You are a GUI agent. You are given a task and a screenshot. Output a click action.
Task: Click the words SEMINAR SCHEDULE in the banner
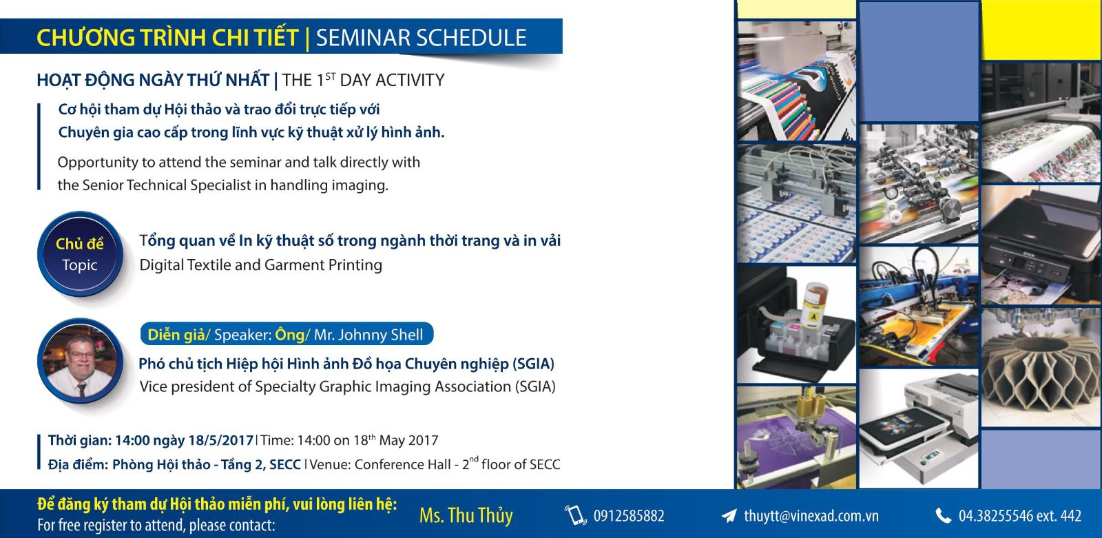[421, 38]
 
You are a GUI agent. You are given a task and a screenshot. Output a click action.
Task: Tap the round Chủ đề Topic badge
[80, 254]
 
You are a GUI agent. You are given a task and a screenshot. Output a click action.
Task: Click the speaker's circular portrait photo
[80, 361]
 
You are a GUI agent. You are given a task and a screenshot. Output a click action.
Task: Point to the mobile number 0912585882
[629, 516]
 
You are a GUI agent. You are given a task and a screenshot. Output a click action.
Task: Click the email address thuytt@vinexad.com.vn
[811, 516]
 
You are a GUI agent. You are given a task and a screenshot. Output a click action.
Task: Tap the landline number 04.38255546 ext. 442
[1020, 516]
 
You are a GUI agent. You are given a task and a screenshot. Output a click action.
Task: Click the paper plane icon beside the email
[729, 516]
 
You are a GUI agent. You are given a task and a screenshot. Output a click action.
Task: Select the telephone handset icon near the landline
[943, 516]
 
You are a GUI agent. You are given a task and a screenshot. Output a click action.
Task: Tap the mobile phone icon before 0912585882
[575, 515]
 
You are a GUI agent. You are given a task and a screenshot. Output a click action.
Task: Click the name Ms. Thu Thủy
[466, 515]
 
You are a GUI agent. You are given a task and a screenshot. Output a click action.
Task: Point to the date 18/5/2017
[221, 440]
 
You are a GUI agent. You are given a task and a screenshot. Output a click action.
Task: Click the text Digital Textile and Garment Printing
[261, 265]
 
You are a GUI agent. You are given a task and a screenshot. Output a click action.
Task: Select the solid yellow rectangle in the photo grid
[1041, 30]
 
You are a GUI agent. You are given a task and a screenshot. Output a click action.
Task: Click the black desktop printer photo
[1041, 245]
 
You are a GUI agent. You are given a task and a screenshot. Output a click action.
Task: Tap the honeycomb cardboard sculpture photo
[1041, 367]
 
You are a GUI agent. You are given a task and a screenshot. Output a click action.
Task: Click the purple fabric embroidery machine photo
[796, 437]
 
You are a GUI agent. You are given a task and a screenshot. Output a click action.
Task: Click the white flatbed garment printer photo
[919, 428]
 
